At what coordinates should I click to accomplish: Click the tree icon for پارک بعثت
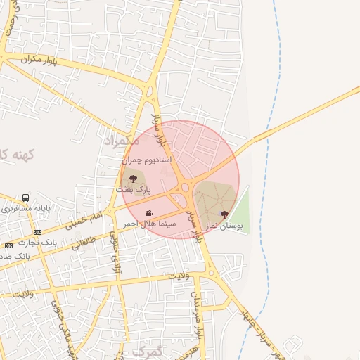pos(134,179)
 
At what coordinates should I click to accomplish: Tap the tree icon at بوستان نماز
pos(224,214)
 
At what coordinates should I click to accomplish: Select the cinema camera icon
pos(149,213)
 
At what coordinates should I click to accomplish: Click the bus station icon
pos(26,198)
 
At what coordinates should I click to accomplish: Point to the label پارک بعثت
pos(134,190)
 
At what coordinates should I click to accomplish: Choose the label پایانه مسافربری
pos(26,209)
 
